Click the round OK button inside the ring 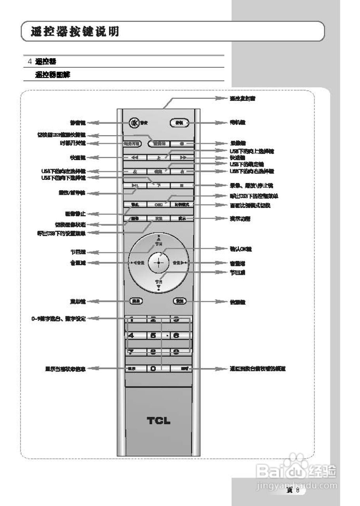click(x=158, y=262)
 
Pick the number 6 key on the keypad click(x=177, y=336)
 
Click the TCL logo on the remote click(x=158, y=421)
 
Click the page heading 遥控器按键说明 click(x=75, y=32)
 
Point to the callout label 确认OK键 click(x=241, y=249)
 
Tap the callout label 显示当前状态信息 click(x=65, y=369)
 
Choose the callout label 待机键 click(x=237, y=123)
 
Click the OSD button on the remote click(x=158, y=205)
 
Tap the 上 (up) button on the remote click(x=158, y=157)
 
